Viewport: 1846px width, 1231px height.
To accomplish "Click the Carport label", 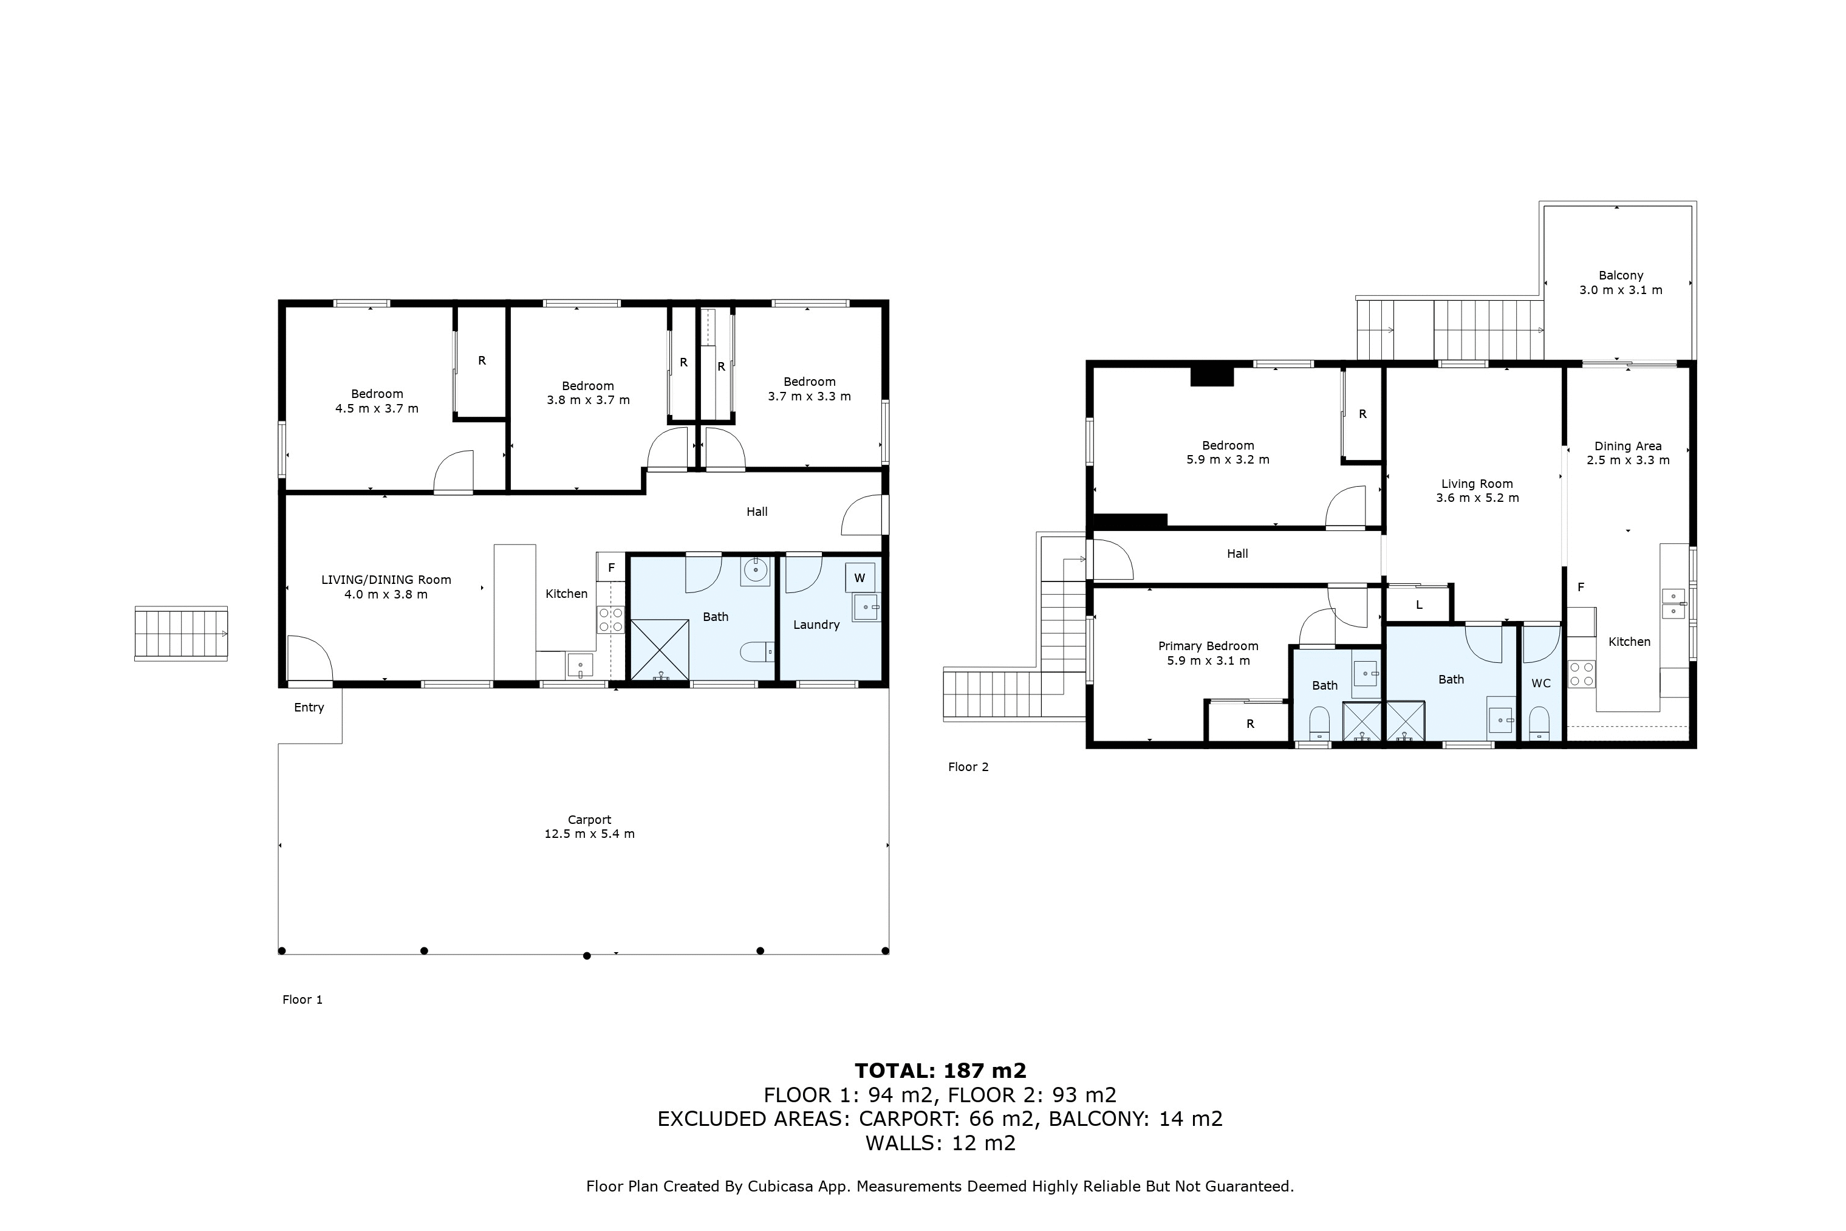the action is click(x=589, y=820).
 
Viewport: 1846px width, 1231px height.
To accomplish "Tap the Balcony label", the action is click(x=1621, y=276).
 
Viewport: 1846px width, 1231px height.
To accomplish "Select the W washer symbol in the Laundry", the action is click(x=860, y=578).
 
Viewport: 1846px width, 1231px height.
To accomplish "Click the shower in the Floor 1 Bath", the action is click(x=660, y=650).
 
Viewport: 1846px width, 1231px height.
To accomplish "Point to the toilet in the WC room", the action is click(x=1540, y=723).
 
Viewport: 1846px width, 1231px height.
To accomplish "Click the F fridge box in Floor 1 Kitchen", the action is click(x=610, y=567).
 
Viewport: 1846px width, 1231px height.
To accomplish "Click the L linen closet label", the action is click(x=1419, y=605).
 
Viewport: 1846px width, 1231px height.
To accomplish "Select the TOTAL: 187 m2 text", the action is click(x=940, y=1071).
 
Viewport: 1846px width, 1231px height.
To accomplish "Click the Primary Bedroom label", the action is click(x=1208, y=646).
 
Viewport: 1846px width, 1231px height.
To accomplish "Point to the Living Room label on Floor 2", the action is click(x=1477, y=484).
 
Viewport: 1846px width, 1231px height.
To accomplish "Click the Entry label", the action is click(x=309, y=708).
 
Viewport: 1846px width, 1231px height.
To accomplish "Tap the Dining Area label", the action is click(x=1628, y=446).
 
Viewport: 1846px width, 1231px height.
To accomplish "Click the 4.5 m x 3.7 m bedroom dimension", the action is click(x=377, y=408).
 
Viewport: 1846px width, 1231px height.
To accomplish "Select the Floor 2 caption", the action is click(x=968, y=767).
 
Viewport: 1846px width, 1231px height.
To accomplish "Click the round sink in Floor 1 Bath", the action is click(x=755, y=572).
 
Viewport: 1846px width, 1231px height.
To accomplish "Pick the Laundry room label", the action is click(x=816, y=625).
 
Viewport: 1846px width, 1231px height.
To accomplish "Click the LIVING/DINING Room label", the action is click(x=386, y=580).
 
